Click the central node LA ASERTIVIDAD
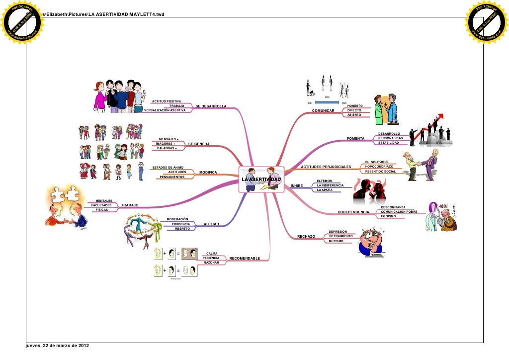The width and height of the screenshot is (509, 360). (x=261, y=179)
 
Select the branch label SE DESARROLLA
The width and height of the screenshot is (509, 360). (x=211, y=106)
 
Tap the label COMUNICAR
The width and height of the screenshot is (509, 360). (x=323, y=110)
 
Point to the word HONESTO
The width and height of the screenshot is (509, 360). (x=355, y=106)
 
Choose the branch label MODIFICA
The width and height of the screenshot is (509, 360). (x=208, y=173)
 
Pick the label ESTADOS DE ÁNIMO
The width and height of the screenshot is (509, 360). (x=168, y=167)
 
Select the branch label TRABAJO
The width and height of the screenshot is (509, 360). (x=130, y=205)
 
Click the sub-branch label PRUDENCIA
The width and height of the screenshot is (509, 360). (x=180, y=224)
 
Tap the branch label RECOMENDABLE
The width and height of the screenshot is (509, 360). (x=245, y=259)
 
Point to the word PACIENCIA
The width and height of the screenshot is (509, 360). (x=211, y=258)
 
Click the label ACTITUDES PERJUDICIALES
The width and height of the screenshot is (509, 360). (x=326, y=167)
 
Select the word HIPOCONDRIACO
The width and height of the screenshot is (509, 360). (x=379, y=167)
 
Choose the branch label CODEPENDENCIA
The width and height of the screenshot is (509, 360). (x=353, y=212)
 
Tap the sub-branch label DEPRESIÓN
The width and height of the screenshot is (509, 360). (x=338, y=231)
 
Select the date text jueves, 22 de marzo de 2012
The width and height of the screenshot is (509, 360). (x=55, y=346)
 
